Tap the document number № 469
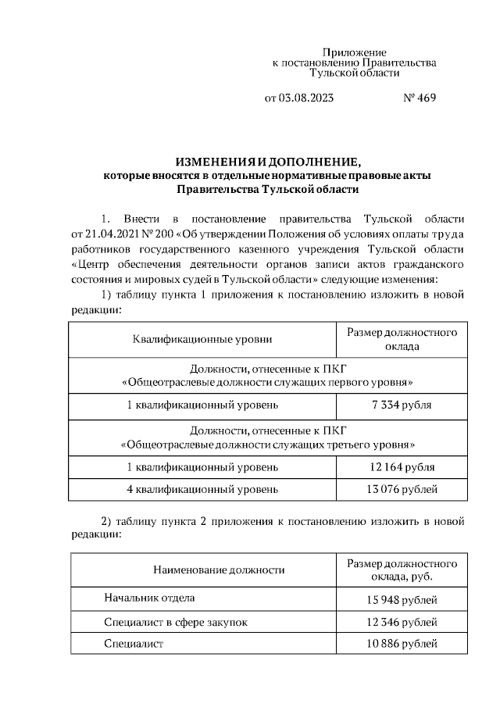click(x=419, y=98)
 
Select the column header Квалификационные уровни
click(x=202, y=339)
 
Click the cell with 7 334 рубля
click(x=402, y=405)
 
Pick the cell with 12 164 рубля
click(x=402, y=466)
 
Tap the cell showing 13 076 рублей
click(x=402, y=489)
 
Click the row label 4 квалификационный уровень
click(x=202, y=489)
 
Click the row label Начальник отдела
click(x=149, y=598)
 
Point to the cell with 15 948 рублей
click(x=402, y=599)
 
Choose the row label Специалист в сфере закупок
click(x=176, y=622)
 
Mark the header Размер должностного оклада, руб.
click(x=402, y=570)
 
